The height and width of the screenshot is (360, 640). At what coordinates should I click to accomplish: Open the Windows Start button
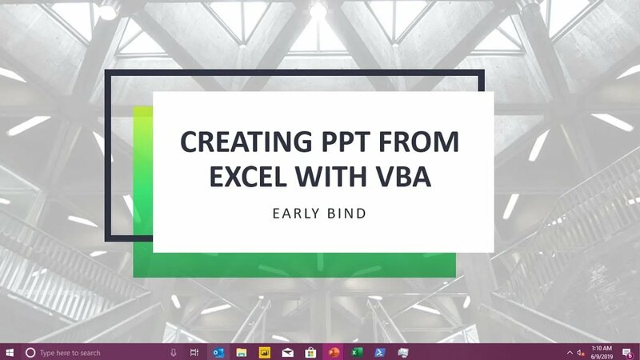coord(10,352)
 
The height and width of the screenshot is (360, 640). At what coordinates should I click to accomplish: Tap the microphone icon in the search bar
coord(174,352)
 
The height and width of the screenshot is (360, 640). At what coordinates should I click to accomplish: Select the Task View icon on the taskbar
coord(194,352)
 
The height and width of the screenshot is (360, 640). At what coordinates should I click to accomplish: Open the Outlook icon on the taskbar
coord(218,352)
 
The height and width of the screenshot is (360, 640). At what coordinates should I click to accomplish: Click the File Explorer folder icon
coord(241,352)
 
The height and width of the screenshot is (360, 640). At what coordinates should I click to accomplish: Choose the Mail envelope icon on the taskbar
coord(287,352)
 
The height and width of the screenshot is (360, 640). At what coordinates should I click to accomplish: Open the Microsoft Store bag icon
coord(310,352)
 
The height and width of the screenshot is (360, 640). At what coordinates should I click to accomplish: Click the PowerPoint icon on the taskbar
coord(334,352)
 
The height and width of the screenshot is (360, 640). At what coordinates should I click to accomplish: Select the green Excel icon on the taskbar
coord(357,352)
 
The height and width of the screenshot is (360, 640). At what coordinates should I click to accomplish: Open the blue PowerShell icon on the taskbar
coord(381,352)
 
